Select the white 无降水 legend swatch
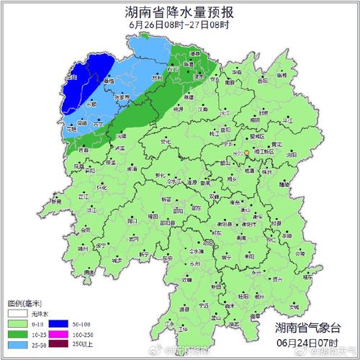click(x=17, y=314)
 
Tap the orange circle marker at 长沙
click(x=246, y=153)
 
